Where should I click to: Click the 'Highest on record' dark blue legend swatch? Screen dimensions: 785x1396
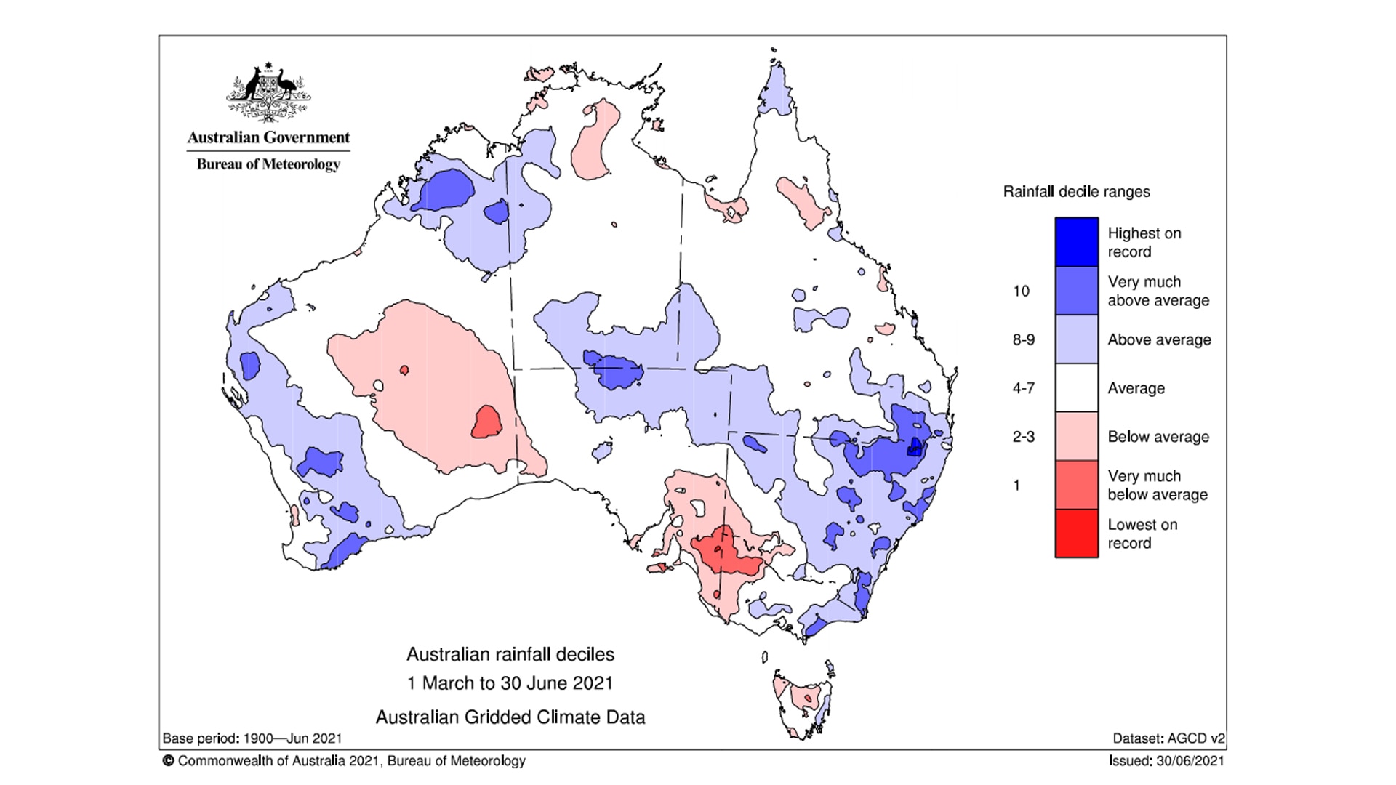pos(1076,242)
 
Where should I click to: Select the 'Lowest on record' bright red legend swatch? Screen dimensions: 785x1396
pos(1076,534)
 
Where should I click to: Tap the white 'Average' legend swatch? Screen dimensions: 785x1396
pos(1076,387)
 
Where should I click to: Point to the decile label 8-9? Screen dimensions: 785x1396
pos(1023,339)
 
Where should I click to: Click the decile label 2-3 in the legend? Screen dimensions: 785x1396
pos(1023,437)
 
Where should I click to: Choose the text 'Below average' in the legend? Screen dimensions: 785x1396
pos(1158,437)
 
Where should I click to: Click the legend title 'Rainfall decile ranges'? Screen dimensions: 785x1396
pos(1076,192)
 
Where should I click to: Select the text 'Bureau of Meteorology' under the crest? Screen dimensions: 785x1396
pos(268,164)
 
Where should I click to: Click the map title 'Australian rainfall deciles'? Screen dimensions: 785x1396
pos(510,654)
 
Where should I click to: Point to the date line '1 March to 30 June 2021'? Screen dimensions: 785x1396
pos(510,683)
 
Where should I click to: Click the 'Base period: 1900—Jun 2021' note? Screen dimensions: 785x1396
pos(252,738)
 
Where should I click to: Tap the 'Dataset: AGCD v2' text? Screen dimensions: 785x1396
pos(1168,738)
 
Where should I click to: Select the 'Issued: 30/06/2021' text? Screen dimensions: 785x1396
pos(1166,761)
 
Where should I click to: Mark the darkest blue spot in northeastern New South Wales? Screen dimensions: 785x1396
pos(914,446)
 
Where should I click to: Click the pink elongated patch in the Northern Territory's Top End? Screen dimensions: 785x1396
pos(593,142)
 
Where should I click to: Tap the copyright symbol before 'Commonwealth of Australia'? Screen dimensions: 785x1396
pos(169,761)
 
